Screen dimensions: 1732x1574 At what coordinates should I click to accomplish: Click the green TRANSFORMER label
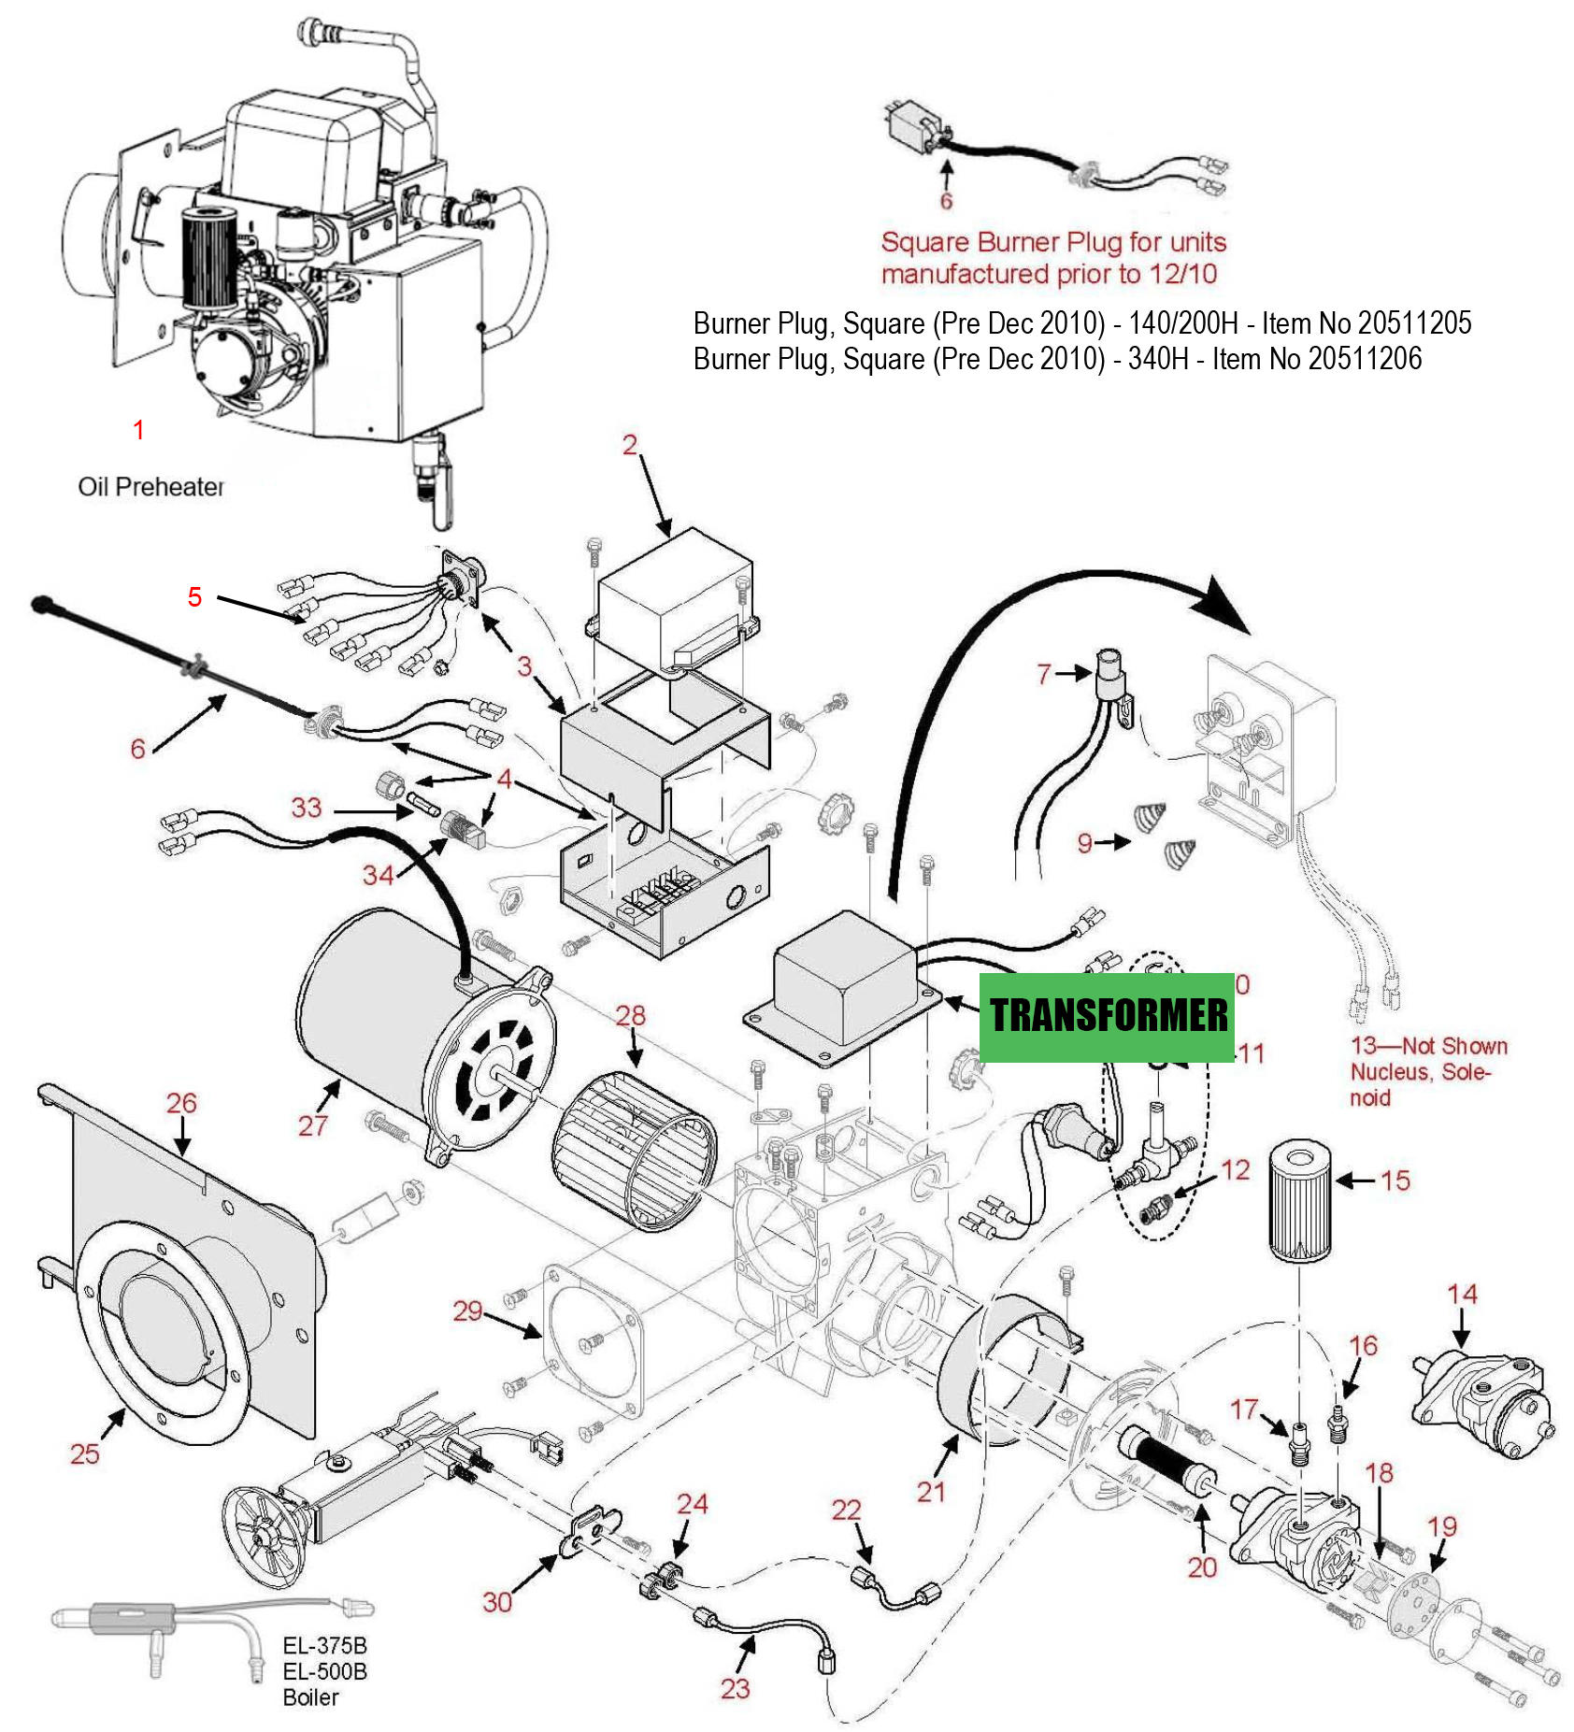point(1108,1016)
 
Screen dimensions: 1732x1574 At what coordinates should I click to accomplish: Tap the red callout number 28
point(630,1015)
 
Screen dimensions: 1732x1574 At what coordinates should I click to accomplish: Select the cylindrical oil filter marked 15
point(1299,1199)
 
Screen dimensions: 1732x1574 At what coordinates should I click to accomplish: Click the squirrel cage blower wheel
point(635,1151)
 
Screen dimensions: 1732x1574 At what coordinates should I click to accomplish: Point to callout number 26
point(181,1103)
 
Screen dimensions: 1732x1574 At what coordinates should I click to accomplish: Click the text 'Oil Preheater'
point(150,487)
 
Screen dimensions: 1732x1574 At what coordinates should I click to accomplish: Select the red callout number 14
point(1462,1295)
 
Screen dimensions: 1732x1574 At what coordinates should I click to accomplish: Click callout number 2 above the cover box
point(630,445)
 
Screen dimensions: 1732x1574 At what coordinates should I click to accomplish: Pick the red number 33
point(306,808)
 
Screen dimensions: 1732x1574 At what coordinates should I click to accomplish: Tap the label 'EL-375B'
point(325,1645)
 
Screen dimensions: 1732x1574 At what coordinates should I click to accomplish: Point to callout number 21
point(931,1492)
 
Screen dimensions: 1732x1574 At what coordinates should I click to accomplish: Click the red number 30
point(497,1602)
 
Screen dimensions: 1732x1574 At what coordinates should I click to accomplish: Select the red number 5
point(194,596)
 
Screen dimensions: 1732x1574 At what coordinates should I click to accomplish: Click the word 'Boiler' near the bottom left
point(310,1697)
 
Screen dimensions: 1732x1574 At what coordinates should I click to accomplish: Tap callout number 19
point(1442,1526)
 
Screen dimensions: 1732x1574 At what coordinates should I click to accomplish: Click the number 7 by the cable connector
point(1044,673)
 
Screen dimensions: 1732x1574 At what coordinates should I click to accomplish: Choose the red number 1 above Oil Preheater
point(138,430)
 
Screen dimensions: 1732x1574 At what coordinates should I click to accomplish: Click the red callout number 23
point(735,1688)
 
